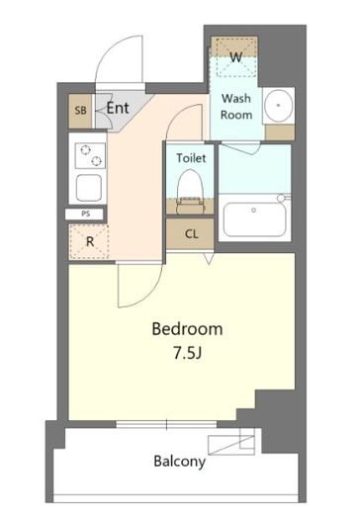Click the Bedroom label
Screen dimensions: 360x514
(x=187, y=329)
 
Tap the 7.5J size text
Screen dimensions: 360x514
(x=187, y=353)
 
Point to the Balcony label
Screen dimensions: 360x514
(x=179, y=462)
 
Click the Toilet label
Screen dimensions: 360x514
(x=191, y=158)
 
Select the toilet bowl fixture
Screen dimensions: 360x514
(x=190, y=192)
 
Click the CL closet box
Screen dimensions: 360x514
(x=190, y=234)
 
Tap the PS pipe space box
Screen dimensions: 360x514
(x=85, y=214)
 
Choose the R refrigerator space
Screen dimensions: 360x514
(x=89, y=241)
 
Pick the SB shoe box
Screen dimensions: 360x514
(x=80, y=111)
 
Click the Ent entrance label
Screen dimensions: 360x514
(x=118, y=108)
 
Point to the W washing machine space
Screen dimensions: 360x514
(x=234, y=56)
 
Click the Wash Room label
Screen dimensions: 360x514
(x=236, y=107)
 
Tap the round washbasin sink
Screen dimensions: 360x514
(x=279, y=105)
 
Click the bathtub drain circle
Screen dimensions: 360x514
(x=253, y=210)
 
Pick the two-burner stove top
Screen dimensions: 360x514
(x=91, y=155)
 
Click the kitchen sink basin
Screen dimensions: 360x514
(x=89, y=188)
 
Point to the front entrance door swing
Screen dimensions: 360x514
(x=120, y=59)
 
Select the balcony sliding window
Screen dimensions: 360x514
(x=166, y=424)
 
